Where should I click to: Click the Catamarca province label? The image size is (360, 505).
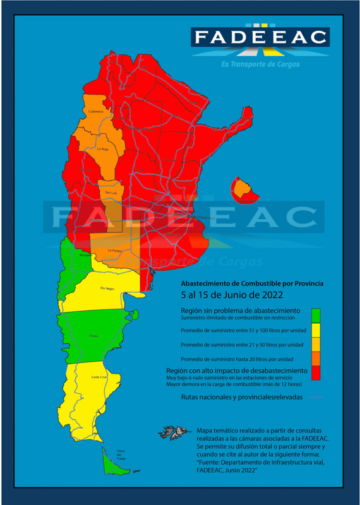96,111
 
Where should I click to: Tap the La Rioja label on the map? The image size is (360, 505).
103,149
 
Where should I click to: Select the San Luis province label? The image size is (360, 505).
111,192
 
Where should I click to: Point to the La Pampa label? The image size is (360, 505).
114,251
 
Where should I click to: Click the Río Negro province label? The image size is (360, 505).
107,288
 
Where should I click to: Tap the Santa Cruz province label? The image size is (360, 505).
99,377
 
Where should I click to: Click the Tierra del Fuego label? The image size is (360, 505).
120,454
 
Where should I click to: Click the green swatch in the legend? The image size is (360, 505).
316,314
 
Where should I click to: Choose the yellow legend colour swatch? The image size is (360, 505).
316,329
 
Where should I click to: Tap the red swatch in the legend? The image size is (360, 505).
316,373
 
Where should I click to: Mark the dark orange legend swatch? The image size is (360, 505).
316,359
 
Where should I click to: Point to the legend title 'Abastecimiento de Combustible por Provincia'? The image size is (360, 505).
252,283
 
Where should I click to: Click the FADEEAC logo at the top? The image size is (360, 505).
260,37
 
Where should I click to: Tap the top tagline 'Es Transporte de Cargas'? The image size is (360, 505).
260,64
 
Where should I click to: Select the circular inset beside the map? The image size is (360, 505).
241,188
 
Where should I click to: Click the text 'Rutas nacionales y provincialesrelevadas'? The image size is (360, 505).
242,397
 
